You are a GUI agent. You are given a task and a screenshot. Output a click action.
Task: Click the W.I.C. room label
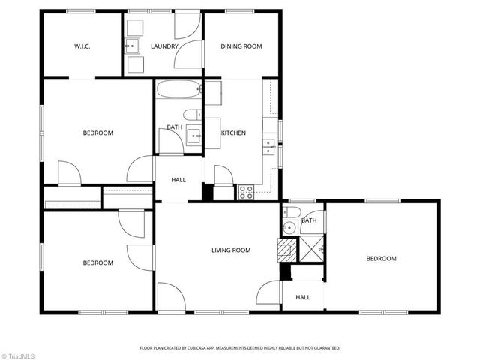click(x=82, y=46)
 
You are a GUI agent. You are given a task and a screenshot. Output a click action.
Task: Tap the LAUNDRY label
click(x=164, y=46)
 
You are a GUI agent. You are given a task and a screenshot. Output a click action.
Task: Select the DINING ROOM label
click(x=241, y=46)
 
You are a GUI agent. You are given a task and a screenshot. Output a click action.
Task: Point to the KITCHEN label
click(x=233, y=133)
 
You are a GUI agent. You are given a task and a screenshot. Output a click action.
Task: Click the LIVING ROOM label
click(x=230, y=250)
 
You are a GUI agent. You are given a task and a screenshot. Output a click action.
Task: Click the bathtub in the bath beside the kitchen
click(x=179, y=91)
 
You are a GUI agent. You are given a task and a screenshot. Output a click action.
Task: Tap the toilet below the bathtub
click(x=192, y=115)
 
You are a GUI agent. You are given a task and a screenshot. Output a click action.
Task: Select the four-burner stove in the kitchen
click(x=247, y=193)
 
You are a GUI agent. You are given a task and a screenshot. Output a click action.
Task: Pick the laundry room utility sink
click(x=133, y=47)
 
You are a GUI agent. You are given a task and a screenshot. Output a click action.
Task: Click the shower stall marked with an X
click(x=311, y=247)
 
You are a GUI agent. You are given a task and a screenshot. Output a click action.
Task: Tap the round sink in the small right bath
click(x=289, y=229)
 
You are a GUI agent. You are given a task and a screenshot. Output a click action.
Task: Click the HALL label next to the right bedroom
click(x=303, y=297)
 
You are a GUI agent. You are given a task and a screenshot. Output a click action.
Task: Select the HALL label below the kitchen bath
click(x=178, y=180)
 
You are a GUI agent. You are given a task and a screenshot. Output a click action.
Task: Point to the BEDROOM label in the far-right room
click(x=381, y=259)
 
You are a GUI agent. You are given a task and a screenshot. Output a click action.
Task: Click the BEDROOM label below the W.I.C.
click(x=97, y=133)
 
